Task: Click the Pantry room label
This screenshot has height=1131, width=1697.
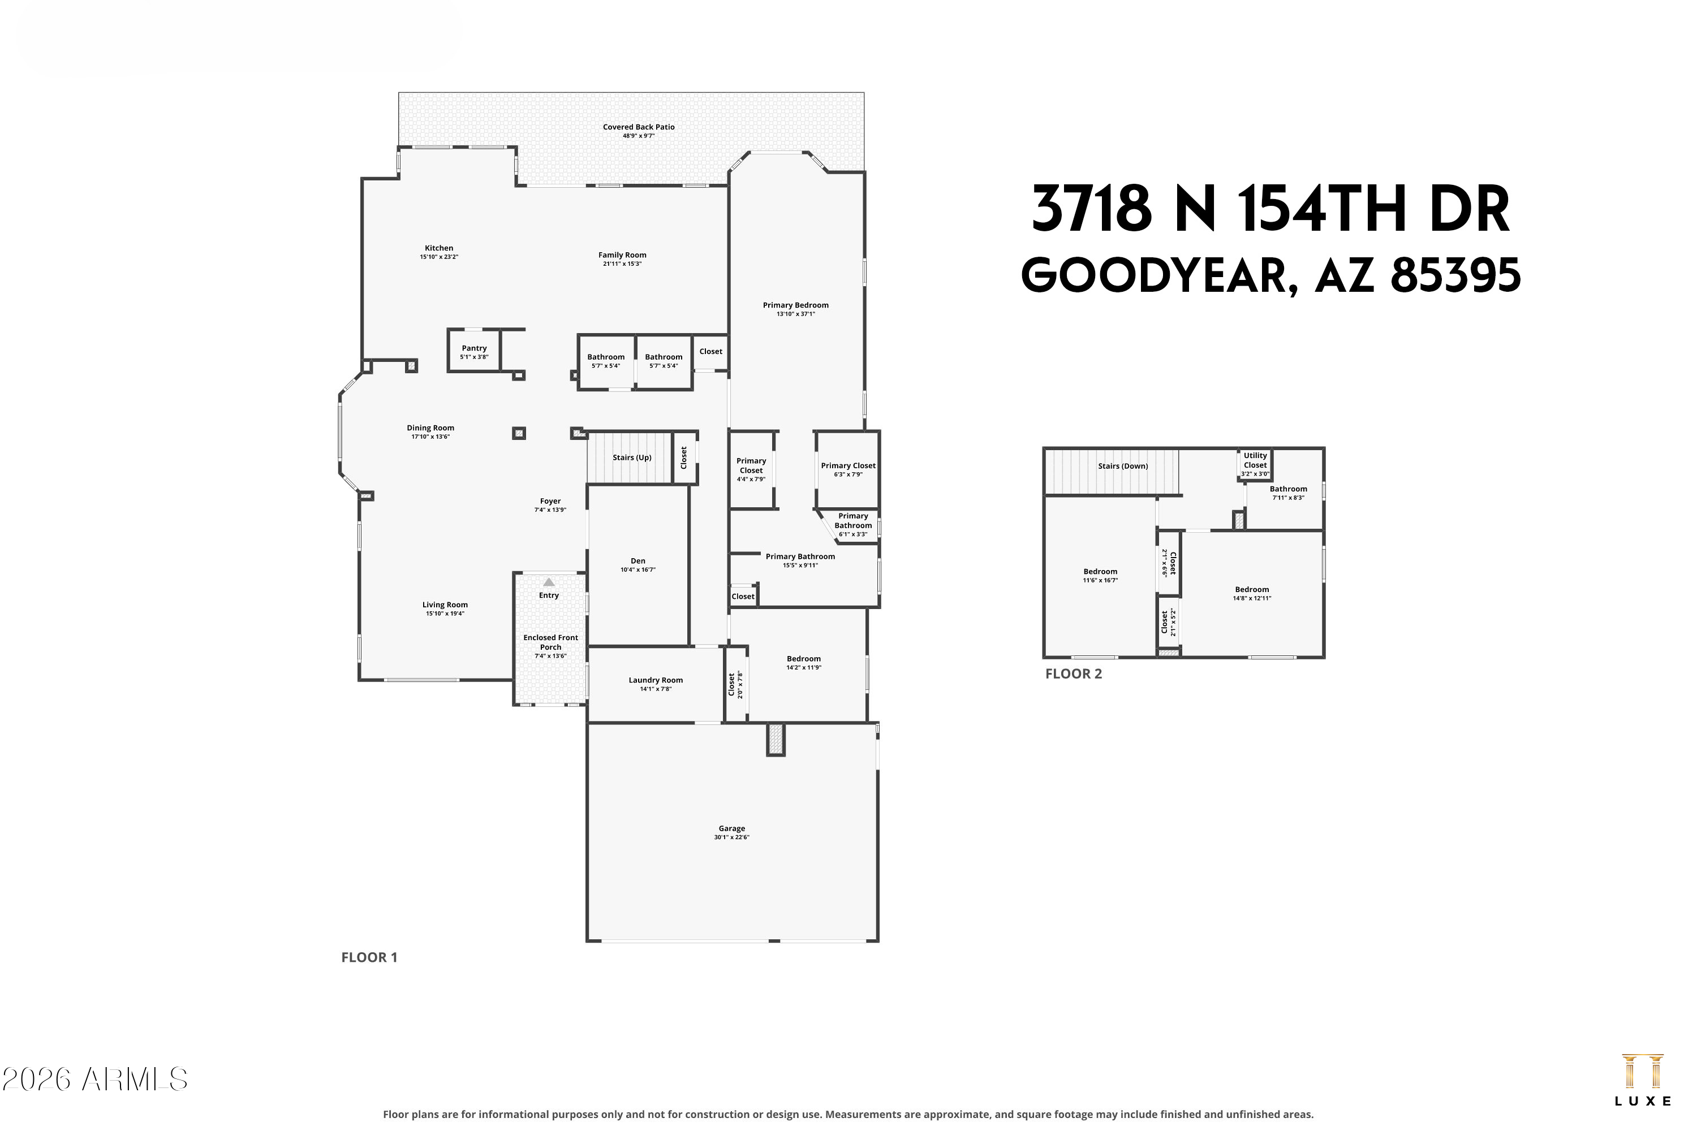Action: coord(474,348)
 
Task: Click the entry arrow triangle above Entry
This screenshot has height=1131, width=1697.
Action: coord(549,582)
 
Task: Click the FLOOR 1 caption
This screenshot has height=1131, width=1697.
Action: coord(369,957)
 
